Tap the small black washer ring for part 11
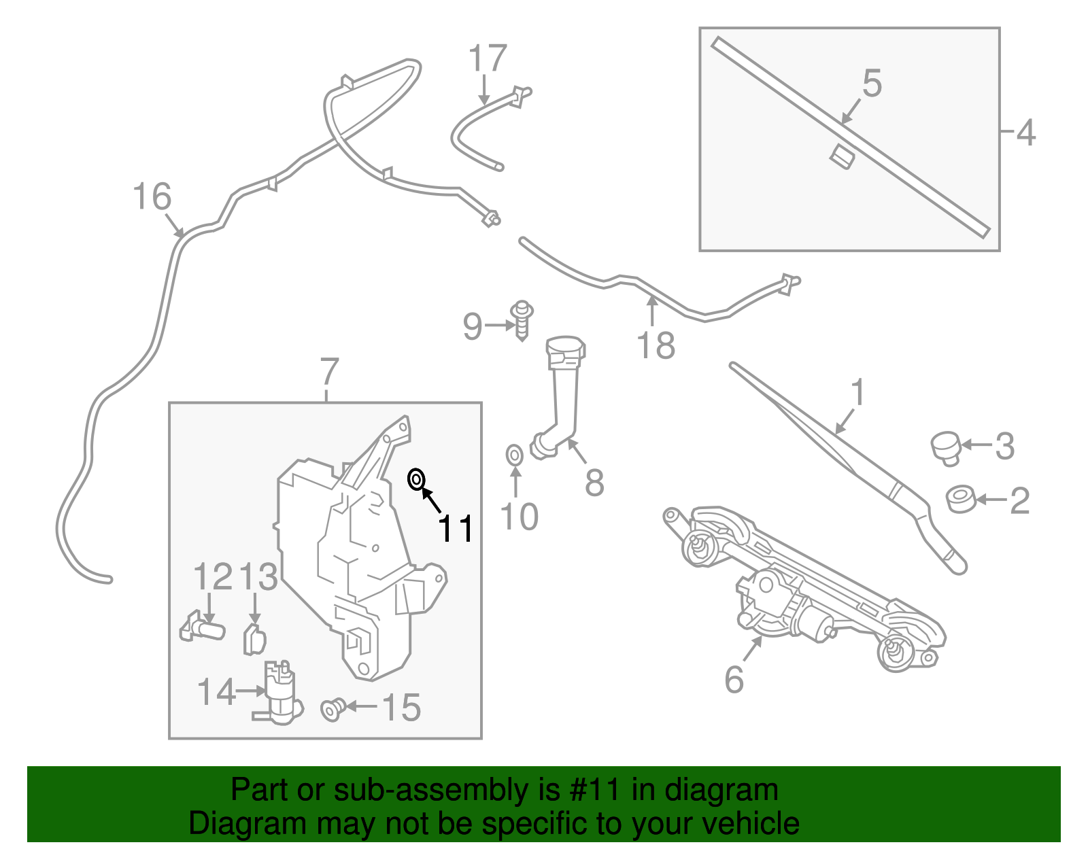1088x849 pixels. (416, 480)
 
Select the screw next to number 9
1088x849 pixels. (522, 321)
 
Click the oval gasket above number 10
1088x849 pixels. (515, 455)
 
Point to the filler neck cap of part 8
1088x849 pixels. (565, 349)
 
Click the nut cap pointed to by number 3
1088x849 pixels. (945, 447)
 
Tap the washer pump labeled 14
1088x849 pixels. (279, 693)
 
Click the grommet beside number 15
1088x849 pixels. (331, 709)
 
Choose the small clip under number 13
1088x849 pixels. (254, 639)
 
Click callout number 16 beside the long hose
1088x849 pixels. (152, 197)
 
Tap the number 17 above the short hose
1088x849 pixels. (488, 58)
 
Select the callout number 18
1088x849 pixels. (656, 345)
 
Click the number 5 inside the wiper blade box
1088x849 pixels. (872, 83)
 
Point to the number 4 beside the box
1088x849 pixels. (1025, 133)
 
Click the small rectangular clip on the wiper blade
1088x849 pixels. (842, 157)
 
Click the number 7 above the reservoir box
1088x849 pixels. (328, 372)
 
